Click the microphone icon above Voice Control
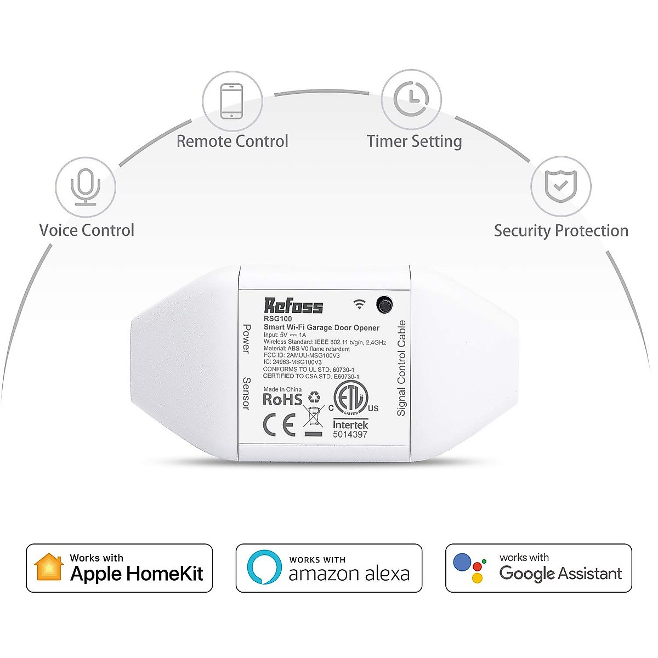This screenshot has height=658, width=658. (x=85, y=187)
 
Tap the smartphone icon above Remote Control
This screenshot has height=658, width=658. (x=232, y=100)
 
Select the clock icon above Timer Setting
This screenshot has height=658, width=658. (x=411, y=99)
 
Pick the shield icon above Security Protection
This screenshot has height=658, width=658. (x=560, y=186)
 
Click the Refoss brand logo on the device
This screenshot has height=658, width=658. (x=293, y=306)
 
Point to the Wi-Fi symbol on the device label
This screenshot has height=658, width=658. (x=359, y=304)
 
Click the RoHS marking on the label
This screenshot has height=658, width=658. (x=282, y=400)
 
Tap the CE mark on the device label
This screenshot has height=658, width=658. (x=279, y=424)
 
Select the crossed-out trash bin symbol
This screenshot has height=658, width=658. (x=313, y=417)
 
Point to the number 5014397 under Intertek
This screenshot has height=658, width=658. (x=350, y=434)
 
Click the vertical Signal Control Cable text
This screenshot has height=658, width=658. (x=401, y=368)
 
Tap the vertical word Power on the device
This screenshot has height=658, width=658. (x=246, y=338)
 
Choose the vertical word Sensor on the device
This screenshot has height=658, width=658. (x=246, y=393)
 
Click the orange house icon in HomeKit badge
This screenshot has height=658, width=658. (x=49, y=568)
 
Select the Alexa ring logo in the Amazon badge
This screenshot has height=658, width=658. (x=264, y=568)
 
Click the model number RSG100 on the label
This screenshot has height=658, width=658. (x=277, y=319)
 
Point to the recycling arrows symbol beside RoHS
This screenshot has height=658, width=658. (x=314, y=396)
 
